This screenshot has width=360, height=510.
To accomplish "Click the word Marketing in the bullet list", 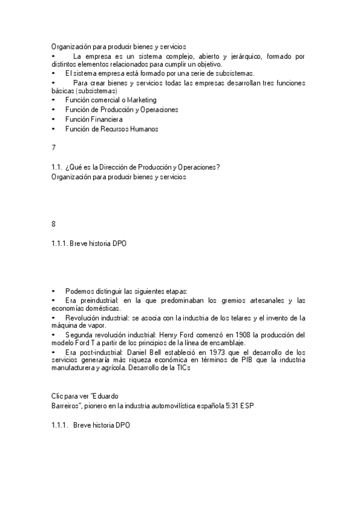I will pyautogui.click(x=141, y=100).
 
